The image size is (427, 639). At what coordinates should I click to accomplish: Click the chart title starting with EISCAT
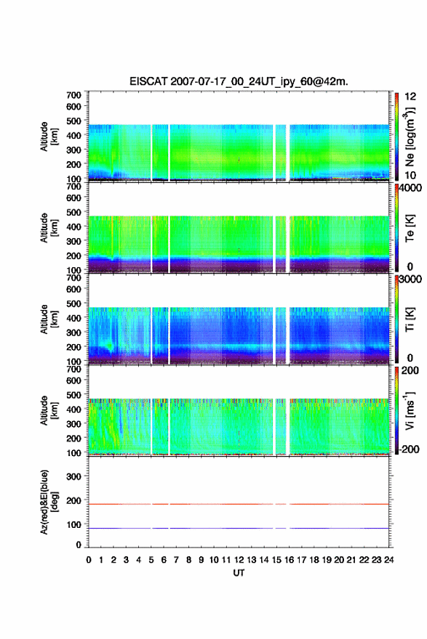pyautogui.click(x=239, y=81)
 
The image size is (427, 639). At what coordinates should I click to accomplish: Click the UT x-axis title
pyautogui.click(x=239, y=573)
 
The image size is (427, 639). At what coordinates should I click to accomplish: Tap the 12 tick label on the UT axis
pyautogui.click(x=239, y=560)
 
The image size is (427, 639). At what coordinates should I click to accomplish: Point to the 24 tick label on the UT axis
pyautogui.click(x=388, y=560)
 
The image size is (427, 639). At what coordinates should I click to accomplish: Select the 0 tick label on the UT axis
pyautogui.click(x=89, y=560)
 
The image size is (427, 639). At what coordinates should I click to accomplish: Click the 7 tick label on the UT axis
pyautogui.click(x=176, y=560)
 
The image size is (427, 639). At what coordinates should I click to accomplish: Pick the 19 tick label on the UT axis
pyautogui.click(x=327, y=560)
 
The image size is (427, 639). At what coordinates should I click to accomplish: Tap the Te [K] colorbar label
pyautogui.click(x=410, y=228)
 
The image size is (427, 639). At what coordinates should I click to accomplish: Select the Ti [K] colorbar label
pyautogui.click(x=410, y=319)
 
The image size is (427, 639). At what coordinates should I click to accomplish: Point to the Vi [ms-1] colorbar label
pyautogui.click(x=410, y=411)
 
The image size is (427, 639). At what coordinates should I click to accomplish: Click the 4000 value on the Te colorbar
pyautogui.click(x=410, y=188)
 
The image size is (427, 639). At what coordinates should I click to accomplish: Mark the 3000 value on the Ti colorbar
pyautogui.click(x=410, y=280)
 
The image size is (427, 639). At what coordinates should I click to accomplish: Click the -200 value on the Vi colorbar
pyautogui.click(x=410, y=449)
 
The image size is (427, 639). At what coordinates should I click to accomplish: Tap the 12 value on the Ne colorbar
pyautogui.click(x=410, y=97)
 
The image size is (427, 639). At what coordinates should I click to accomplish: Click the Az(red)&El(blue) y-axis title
pyautogui.click(x=49, y=502)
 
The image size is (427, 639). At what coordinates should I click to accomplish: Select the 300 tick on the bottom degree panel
pyautogui.click(x=73, y=476)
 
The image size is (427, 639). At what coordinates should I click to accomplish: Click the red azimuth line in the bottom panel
pyautogui.click(x=239, y=504)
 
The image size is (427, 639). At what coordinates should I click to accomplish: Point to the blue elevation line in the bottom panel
pyautogui.click(x=239, y=528)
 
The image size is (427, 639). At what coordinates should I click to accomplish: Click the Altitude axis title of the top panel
pyautogui.click(x=49, y=137)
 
